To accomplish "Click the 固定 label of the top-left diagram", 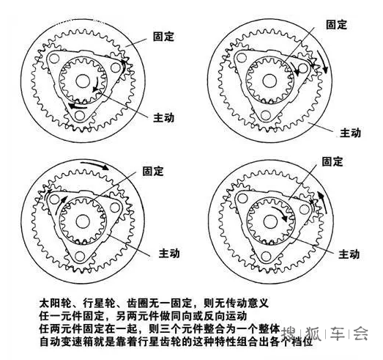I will point(163,35).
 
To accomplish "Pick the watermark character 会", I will point(360,334).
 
